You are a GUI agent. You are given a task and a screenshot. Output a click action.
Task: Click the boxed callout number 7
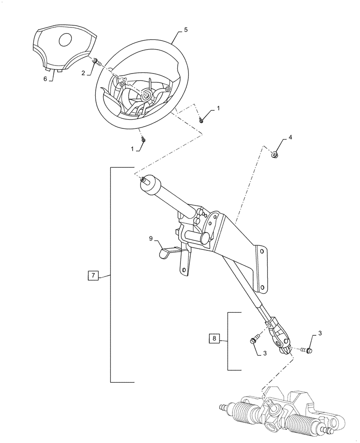(x=93, y=276)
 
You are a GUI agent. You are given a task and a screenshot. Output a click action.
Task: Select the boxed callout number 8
(x=214, y=339)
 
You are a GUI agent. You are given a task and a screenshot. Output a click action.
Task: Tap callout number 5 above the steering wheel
(x=185, y=30)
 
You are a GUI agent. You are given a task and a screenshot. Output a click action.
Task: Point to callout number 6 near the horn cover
(x=45, y=78)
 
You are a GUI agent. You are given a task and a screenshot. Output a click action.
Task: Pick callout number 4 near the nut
(x=290, y=138)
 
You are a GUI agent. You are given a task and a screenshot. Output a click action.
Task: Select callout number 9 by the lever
(x=151, y=239)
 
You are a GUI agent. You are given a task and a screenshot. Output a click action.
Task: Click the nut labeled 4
(x=275, y=155)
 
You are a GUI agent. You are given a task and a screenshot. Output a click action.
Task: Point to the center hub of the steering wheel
(x=146, y=95)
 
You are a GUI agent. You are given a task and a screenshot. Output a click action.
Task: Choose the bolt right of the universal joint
(x=307, y=351)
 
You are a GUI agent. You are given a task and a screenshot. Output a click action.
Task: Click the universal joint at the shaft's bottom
(x=280, y=338)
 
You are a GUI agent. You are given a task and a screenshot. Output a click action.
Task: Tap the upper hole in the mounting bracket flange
(x=262, y=251)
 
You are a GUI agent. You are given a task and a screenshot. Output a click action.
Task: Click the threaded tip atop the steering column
(x=144, y=179)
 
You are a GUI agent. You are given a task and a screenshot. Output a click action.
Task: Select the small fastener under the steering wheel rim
(x=144, y=140)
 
